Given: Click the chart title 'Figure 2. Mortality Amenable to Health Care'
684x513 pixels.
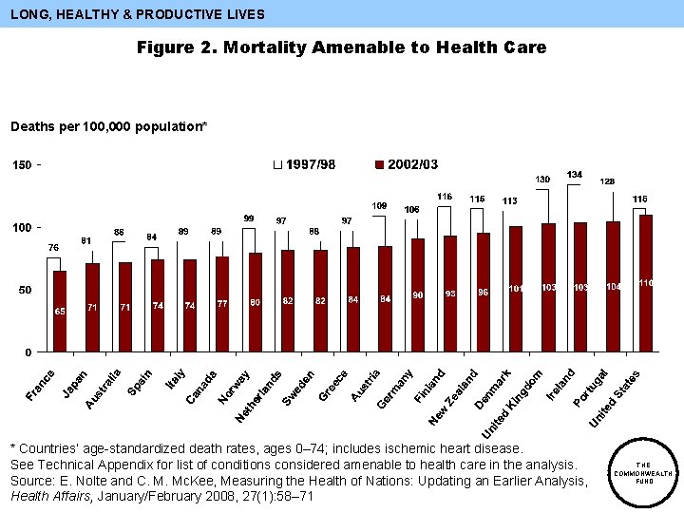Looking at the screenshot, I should (341, 47).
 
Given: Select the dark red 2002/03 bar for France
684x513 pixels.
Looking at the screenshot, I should (60, 311).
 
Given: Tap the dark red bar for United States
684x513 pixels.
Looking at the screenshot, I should (646, 282).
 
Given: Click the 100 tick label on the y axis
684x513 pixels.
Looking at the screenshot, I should (21, 228).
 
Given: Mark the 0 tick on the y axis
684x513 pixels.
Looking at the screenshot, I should (28, 352).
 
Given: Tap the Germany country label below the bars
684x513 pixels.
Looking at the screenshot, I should (395, 389).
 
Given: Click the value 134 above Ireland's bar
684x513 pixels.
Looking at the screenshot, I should (575, 175).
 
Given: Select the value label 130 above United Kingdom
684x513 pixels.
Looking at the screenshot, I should (542, 180).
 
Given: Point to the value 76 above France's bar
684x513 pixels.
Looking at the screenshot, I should (53, 248).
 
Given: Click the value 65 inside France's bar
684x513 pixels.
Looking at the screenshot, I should (60, 311).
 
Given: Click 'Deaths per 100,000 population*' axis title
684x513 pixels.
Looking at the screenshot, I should (108, 126).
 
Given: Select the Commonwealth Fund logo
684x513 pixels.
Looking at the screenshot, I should (644, 472).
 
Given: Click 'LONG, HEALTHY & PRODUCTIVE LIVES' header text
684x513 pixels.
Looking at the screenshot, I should (138, 14).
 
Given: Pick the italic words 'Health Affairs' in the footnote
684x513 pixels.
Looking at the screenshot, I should (44, 495).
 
